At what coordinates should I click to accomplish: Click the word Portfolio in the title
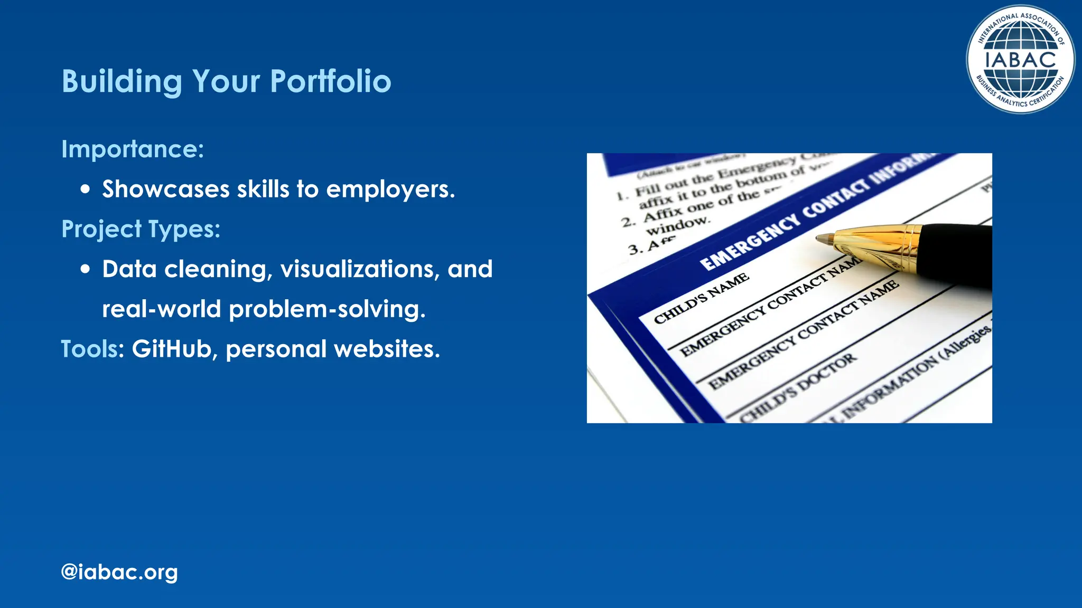(x=331, y=81)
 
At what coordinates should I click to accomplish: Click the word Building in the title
(x=122, y=81)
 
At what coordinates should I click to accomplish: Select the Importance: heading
(x=133, y=149)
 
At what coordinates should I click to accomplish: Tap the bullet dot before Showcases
(x=86, y=189)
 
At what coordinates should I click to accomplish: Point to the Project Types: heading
(x=141, y=229)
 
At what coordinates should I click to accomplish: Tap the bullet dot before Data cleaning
(x=86, y=269)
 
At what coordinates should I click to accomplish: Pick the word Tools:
(x=92, y=349)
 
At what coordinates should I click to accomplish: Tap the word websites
(x=387, y=349)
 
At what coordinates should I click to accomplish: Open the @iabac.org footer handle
(x=119, y=572)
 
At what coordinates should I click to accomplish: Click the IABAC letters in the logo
(x=1020, y=60)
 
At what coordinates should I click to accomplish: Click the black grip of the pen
(x=956, y=253)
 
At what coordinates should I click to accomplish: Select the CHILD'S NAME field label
(x=701, y=298)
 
